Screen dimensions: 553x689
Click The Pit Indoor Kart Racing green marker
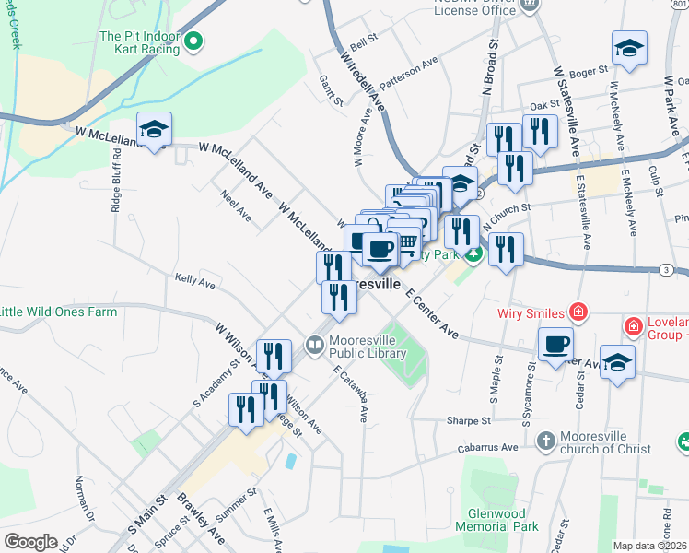coord(193,41)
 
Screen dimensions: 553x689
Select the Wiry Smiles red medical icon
coord(578,312)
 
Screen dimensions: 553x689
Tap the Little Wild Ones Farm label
coord(58,312)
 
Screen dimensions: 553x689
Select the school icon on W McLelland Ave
coord(154,130)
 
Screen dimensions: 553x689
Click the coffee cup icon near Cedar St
coord(555,346)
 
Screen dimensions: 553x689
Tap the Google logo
coord(31,542)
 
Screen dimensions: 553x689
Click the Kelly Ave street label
coord(194,280)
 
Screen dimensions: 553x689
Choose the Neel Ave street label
coord(236,205)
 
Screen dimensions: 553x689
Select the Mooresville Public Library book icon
coord(316,345)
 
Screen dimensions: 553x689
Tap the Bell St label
coord(365,41)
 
